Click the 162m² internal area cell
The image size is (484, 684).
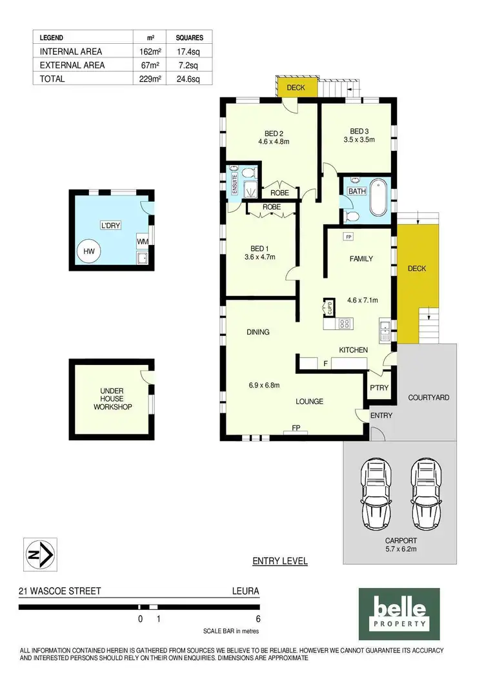click(x=148, y=52)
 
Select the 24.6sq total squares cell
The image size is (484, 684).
click(x=188, y=79)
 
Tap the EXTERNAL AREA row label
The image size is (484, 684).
click(x=72, y=65)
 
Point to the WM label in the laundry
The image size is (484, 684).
click(x=142, y=241)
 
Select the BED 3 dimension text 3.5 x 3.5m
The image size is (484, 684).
click(x=359, y=139)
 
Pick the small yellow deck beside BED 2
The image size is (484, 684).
click(x=297, y=87)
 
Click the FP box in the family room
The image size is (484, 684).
click(x=348, y=237)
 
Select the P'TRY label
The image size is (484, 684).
click(x=378, y=387)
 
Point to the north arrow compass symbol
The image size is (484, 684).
click(x=40, y=554)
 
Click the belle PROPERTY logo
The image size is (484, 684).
click(x=399, y=612)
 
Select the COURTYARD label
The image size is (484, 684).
click(x=429, y=398)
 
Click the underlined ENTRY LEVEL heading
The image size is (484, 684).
click(x=279, y=561)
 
